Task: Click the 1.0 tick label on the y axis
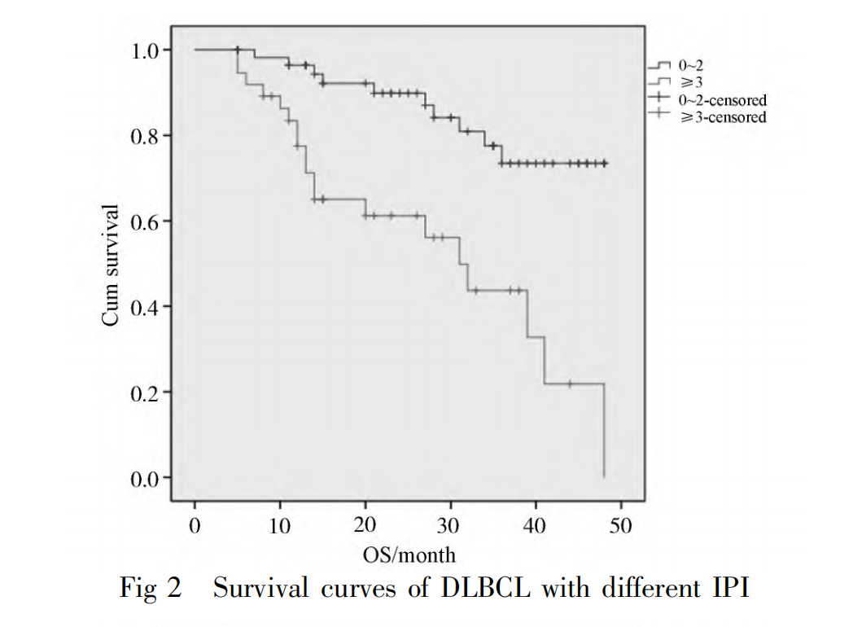147,50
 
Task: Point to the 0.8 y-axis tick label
147,136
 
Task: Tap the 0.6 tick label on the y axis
147,221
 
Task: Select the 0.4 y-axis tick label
147,307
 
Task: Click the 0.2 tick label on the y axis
147,392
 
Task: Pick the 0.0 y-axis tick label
147,478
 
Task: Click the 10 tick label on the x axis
280,525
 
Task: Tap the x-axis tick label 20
365,525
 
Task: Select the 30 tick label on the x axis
450,525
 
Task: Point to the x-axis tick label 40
536,525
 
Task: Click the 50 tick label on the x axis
620,525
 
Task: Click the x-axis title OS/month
409,555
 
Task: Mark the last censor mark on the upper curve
605,164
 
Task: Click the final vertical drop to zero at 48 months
604,432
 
